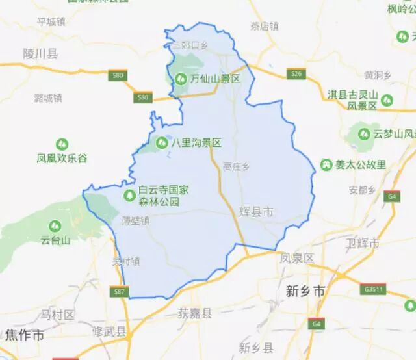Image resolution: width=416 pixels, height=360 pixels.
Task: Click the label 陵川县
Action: (40, 53)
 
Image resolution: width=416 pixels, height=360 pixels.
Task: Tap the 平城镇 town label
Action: (51, 21)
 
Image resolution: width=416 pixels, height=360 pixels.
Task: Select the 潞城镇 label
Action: (47, 98)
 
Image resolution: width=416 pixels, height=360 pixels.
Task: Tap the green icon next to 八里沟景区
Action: (162, 142)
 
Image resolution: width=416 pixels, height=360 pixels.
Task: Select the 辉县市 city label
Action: (255, 212)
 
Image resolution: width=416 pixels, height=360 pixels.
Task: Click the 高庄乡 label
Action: (236, 167)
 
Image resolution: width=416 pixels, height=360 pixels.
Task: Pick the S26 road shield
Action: (297, 74)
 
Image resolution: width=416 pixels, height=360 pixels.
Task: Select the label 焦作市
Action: (24, 335)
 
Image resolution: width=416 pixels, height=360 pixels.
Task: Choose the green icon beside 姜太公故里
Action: (326, 164)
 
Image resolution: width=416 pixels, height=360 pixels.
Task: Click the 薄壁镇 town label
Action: (135, 221)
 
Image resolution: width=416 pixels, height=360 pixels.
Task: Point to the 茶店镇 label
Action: (264, 27)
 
